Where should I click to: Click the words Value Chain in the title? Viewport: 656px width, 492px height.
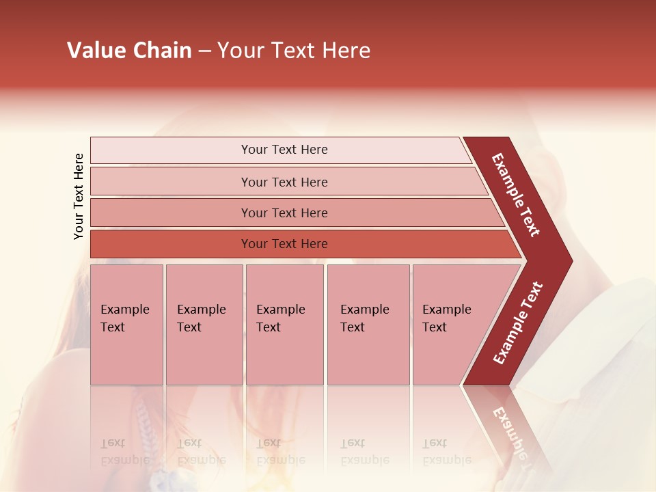point(129,51)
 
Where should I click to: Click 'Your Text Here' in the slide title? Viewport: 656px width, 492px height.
point(294,51)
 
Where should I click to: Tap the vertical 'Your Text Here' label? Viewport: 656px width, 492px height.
point(79,197)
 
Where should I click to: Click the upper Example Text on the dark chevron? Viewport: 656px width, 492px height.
point(516,195)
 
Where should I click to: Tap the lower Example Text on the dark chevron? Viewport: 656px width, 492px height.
point(518,323)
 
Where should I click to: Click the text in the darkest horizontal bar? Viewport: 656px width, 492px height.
point(284,244)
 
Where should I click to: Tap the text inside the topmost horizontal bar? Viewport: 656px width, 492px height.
point(284,150)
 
